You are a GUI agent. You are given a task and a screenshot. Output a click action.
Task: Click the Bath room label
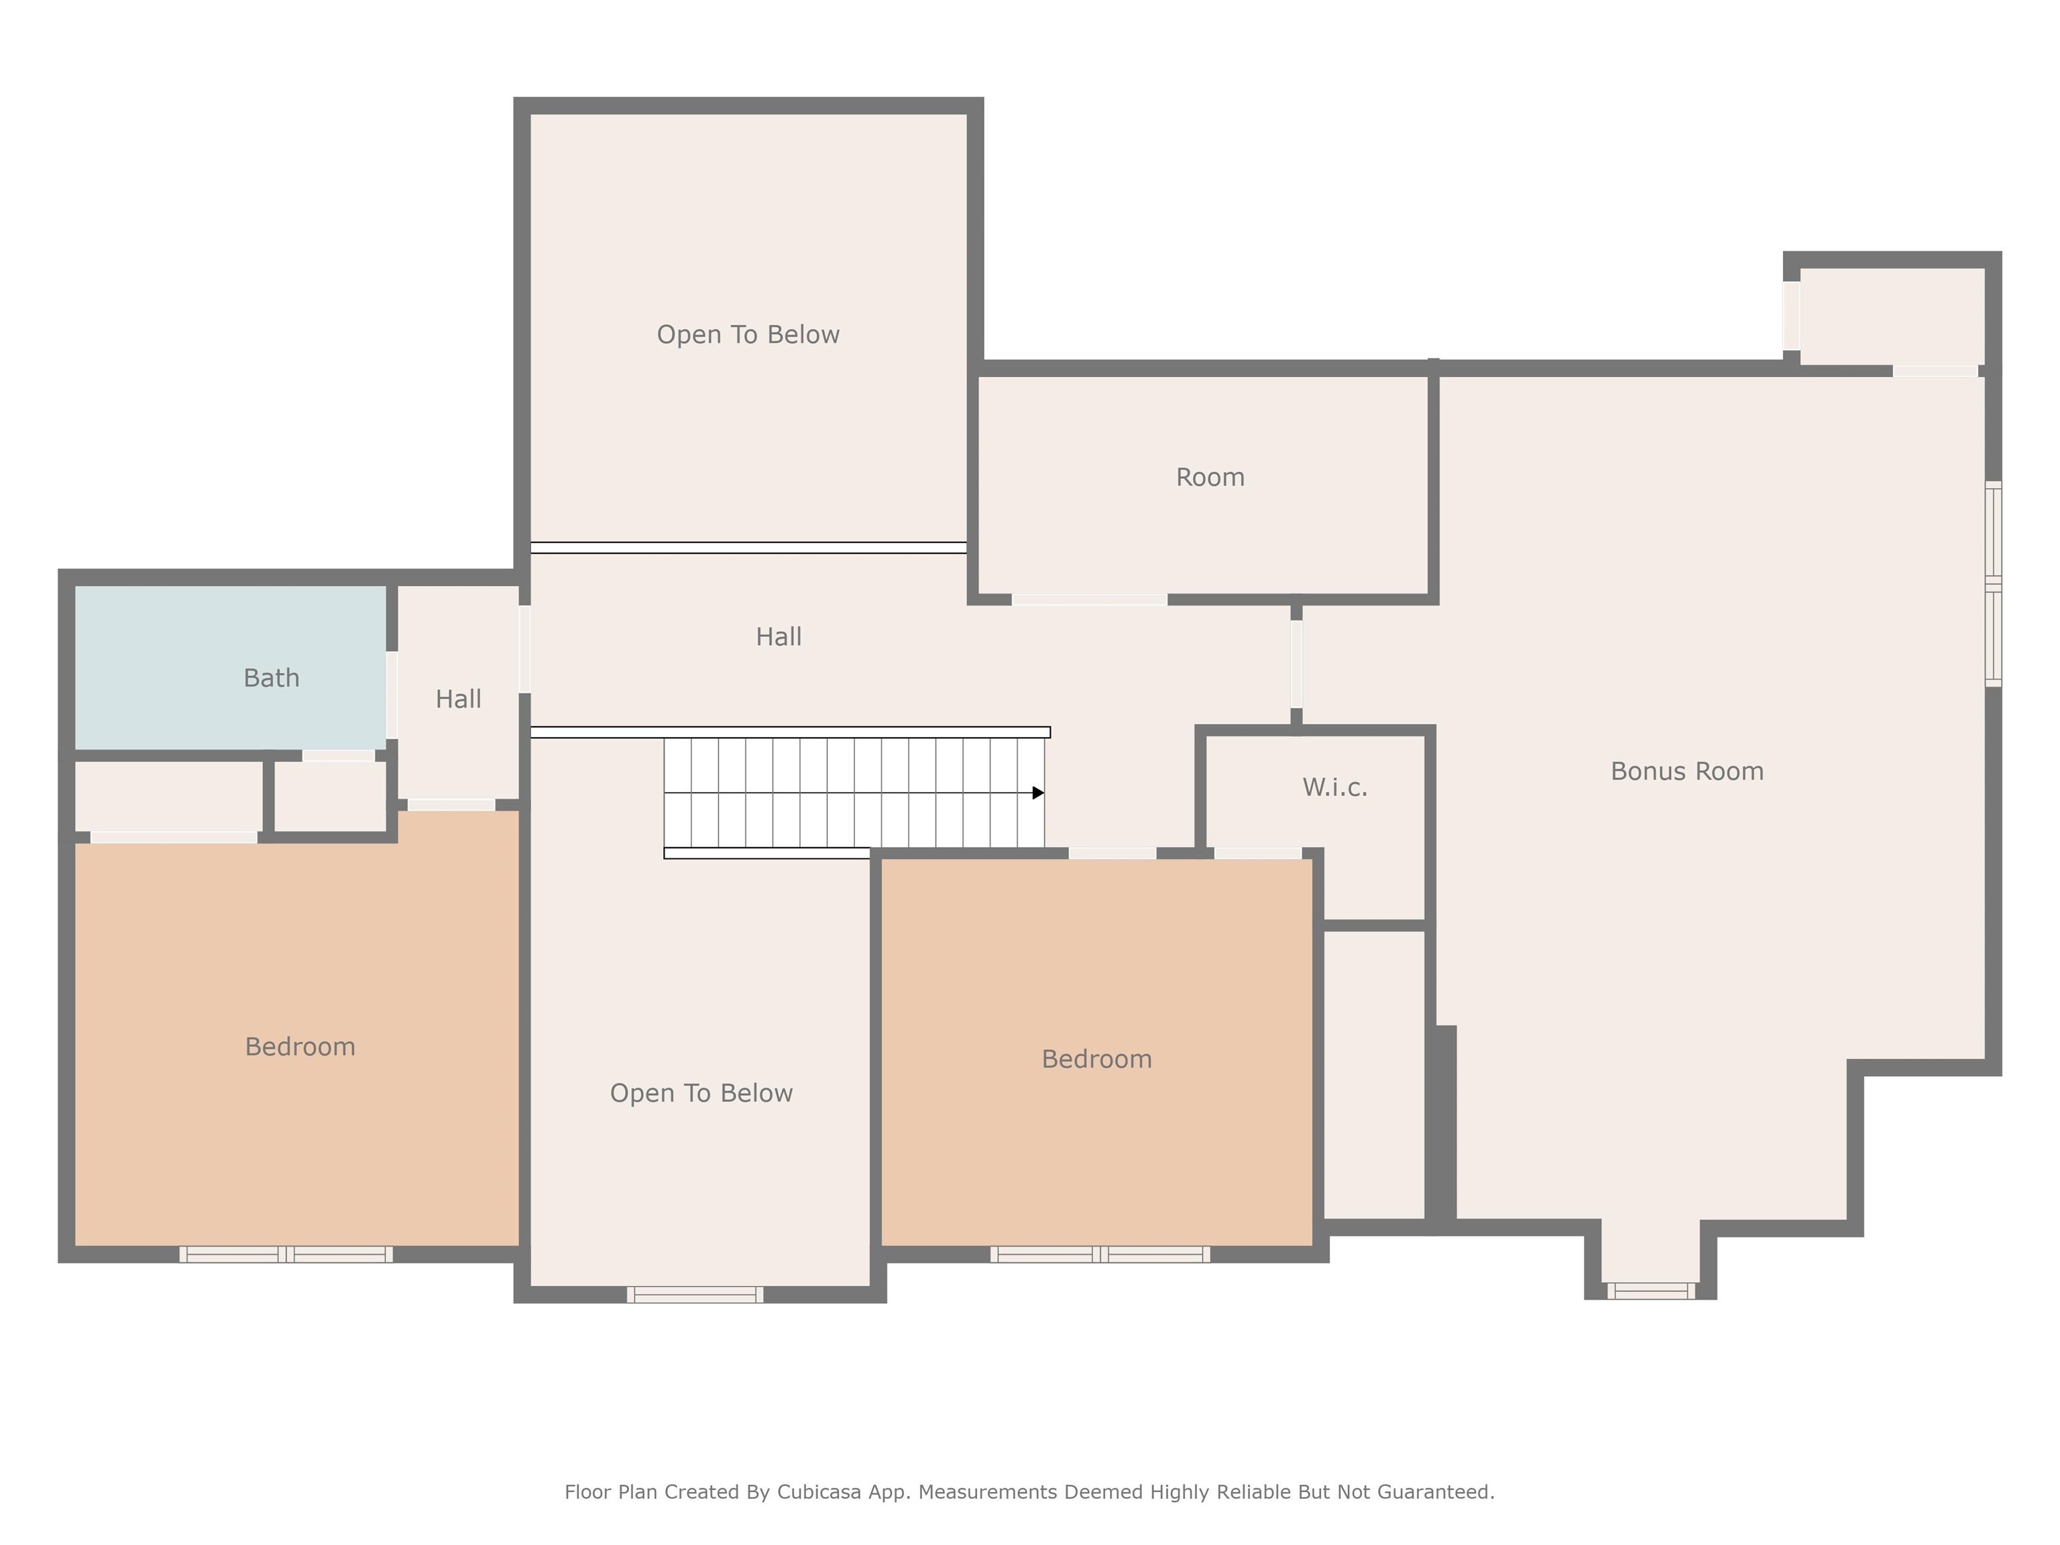tap(271, 678)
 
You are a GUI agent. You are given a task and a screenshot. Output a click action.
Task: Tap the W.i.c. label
tap(1334, 788)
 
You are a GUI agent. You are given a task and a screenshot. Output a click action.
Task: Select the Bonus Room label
tap(1686, 771)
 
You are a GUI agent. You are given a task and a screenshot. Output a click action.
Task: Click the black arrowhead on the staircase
tap(1037, 793)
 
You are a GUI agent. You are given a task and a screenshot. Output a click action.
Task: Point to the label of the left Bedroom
tap(300, 1047)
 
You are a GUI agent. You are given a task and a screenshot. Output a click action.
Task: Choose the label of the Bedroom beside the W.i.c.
tap(1096, 1059)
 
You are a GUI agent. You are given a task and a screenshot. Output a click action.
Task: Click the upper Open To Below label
tap(748, 335)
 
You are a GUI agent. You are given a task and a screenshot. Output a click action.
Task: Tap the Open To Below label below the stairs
tap(701, 1093)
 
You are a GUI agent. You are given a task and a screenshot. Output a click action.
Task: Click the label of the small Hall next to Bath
tap(458, 699)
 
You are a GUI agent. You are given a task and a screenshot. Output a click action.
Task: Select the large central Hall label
tap(779, 637)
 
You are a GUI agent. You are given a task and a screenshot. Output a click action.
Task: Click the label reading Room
tap(1210, 477)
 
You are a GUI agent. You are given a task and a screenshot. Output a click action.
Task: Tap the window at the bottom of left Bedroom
tap(286, 1255)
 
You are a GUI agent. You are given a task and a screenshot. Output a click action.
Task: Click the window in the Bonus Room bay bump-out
tap(1650, 1291)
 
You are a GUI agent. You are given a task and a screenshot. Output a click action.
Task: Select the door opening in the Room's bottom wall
tap(1088, 599)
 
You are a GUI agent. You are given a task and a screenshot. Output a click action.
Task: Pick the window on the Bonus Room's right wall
tap(1993, 584)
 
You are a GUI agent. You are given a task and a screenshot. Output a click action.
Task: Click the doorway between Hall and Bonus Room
tap(1296, 664)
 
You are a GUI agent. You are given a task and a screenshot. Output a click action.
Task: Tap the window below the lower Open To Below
tap(695, 1294)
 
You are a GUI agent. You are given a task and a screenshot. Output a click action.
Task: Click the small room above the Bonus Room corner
tap(1892, 317)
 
